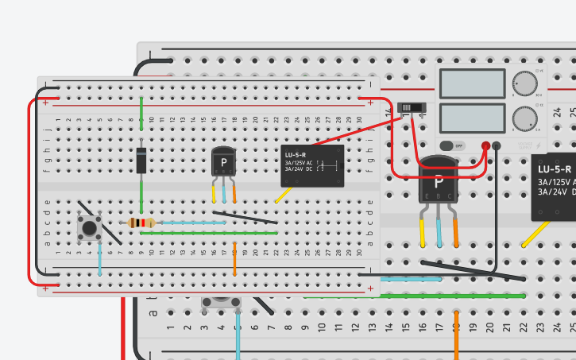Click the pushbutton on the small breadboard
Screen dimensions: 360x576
88,229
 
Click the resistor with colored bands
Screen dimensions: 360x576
141,223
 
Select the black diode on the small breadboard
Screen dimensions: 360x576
141,161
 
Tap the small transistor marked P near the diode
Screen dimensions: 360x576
223,163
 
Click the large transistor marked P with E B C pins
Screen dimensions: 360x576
439,183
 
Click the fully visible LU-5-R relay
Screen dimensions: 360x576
314,165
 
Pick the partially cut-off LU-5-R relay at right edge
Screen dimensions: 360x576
555,187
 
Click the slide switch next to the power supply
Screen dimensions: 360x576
411,107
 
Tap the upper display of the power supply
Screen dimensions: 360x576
472,83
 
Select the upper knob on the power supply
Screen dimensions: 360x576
524,83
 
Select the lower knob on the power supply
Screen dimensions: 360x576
524,118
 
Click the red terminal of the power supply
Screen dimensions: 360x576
485,145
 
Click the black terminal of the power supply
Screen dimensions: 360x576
497,145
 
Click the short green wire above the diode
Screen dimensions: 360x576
141,109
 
